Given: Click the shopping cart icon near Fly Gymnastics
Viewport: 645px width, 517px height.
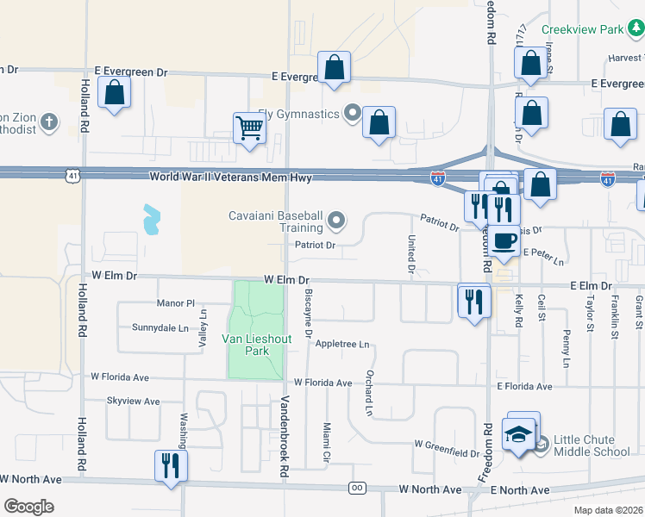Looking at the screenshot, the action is point(249,128).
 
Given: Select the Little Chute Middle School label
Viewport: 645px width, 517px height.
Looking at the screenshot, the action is point(591,445).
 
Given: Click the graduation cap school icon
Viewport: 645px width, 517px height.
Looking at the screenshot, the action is point(519,435).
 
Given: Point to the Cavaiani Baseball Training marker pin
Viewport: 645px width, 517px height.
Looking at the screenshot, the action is point(336,221).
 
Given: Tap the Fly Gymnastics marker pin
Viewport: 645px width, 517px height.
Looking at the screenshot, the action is point(352,113).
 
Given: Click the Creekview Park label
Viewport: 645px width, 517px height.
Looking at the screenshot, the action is point(582,29).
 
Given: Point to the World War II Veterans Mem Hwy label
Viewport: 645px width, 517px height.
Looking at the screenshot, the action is point(229,177).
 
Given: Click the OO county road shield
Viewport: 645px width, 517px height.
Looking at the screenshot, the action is point(356,489).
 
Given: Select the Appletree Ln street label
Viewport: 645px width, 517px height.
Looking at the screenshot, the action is point(342,344).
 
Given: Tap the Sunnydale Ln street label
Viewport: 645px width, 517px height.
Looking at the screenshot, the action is point(160,328).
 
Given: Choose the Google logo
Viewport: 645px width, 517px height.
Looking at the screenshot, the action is point(28,507).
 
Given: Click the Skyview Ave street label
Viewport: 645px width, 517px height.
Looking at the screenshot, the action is point(133,402).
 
